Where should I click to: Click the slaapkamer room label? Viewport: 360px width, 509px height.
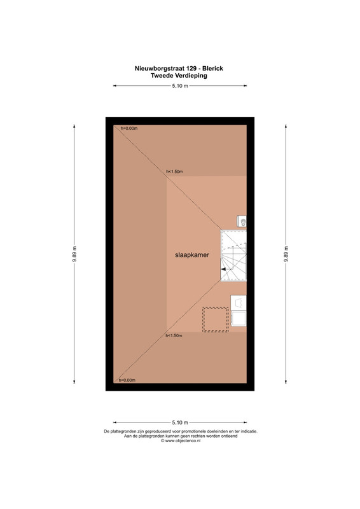(192, 255)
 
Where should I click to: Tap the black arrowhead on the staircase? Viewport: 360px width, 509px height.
(223, 269)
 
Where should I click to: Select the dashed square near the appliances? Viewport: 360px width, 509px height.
(216, 319)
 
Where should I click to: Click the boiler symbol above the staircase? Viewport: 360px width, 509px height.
(242, 221)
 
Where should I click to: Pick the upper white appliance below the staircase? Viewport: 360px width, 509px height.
(239, 303)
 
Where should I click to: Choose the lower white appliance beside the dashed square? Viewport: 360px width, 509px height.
(239, 319)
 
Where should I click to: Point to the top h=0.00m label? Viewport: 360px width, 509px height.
(129, 129)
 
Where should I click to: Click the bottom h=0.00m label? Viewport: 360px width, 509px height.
(127, 380)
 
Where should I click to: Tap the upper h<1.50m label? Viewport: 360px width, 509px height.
(174, 171)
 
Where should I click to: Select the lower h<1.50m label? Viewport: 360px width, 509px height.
(174, 336)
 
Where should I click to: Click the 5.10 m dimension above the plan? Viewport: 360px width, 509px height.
(180, 86)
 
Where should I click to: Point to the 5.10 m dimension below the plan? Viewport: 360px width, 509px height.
(180, 422)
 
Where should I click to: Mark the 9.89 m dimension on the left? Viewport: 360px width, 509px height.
(74, 254)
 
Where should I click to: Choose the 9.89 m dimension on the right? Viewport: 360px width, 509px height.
(286, 254)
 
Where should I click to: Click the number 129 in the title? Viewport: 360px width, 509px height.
(191, 69)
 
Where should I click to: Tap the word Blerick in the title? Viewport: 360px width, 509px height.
(212, 69)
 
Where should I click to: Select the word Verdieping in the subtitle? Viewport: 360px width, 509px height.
(191, 76)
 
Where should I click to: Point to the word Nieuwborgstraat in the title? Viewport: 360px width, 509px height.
(160, 69)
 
